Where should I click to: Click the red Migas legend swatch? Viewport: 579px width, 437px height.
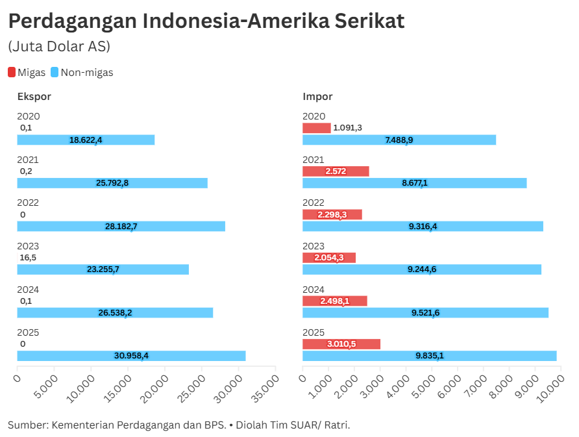pos(12,73)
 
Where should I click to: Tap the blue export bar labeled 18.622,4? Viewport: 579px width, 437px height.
pos(86,140)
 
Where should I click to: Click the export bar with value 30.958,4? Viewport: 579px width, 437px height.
pos(131,356)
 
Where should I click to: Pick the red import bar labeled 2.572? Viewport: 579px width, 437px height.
pos(336,171)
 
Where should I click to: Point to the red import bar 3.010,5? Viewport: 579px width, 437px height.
pos(341,344)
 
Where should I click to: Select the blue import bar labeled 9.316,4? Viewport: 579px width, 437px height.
pos(423,226)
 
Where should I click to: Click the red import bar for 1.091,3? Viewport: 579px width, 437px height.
pos(317,128)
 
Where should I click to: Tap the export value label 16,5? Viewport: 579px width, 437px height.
pos(27,258)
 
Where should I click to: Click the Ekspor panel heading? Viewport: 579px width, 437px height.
pos(34,97)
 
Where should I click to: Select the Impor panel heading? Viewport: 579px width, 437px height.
pos(317,97)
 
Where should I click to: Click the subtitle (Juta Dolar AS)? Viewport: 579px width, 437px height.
pos(59,47)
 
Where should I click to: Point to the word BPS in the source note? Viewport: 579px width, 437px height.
pos(214,425)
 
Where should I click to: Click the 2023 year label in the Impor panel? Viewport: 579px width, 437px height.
pos(314,246)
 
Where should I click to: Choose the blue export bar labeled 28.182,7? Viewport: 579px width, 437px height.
pos(121,226)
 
